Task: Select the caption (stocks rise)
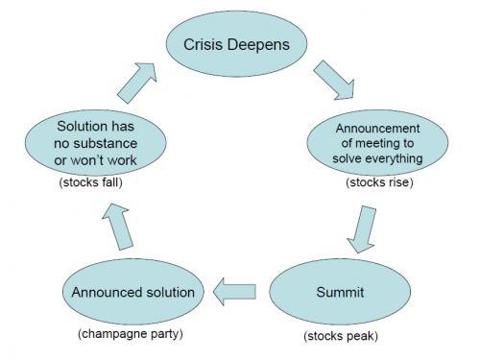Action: pyautogui.click(x=380, y=181)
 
